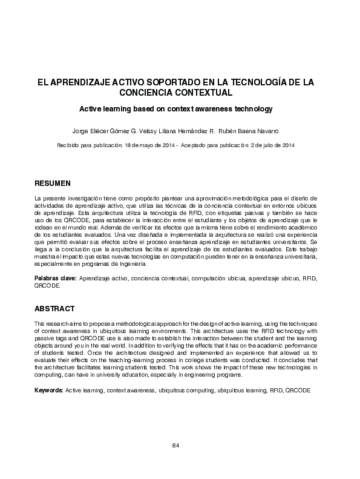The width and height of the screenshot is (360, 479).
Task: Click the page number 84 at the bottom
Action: (x=176, y=446)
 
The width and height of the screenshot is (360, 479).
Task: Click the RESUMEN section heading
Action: (x=53, y=183)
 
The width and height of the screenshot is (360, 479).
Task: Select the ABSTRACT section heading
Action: (x=54, y=308)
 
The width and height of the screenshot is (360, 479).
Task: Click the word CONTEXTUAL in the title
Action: (x=203, y=93)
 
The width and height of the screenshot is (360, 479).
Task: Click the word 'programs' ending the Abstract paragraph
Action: (x=228, y=375)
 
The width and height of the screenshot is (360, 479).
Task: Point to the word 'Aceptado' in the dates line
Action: (x=194, y=146)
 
